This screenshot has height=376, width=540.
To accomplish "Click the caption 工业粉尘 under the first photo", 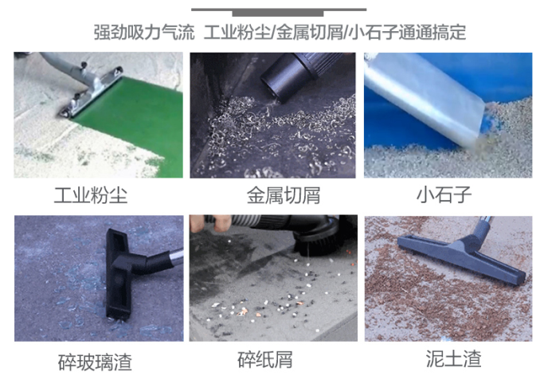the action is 91,195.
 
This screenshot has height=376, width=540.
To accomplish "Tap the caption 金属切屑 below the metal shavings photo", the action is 284,195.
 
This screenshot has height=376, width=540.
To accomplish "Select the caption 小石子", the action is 444,194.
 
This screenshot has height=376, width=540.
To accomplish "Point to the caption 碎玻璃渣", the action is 95,362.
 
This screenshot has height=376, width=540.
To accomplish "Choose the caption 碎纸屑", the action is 265,359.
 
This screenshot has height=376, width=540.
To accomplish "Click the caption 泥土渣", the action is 453,358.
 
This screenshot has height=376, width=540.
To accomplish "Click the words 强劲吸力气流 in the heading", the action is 144,32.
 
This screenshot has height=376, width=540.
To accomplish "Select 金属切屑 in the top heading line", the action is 309,32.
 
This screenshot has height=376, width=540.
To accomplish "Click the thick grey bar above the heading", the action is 278,14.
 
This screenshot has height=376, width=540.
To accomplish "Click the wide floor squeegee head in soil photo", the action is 461,258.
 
